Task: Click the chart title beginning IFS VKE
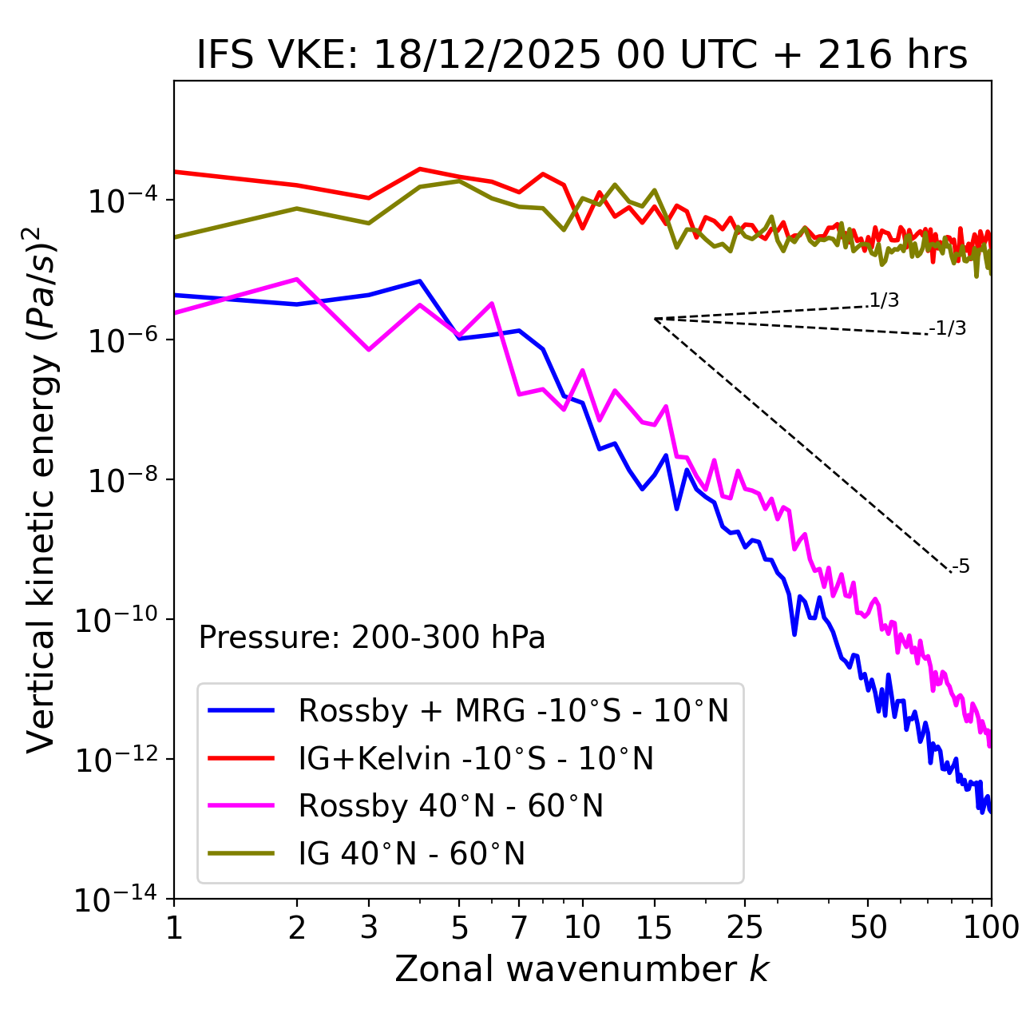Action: click(582, 55)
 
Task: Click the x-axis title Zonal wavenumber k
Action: click(581, 969)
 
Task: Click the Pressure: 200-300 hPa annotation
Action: click(372, 638)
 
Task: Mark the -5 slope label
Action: click(961, 567)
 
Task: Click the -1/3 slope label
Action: click(948, 328)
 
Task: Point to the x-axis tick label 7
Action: click(519, 928)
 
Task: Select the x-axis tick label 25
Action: click(744, 928)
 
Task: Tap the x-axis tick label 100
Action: click(991, 928)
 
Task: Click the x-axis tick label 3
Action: click(369, 928)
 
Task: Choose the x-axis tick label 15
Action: click(654, 928)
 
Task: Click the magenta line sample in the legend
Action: click(241, 806)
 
